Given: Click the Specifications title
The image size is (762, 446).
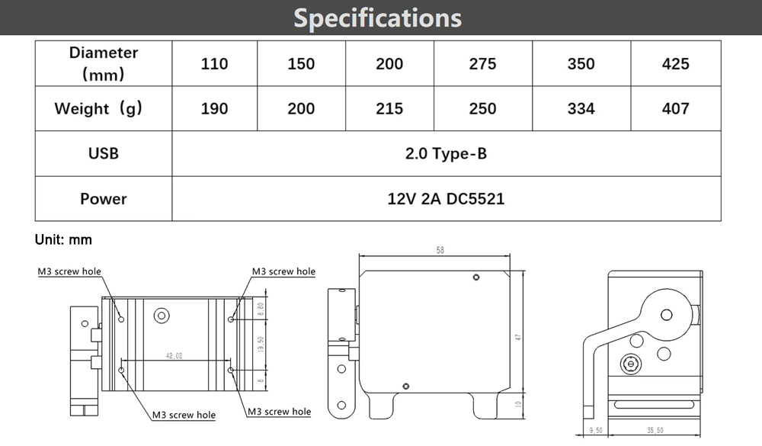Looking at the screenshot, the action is pos(378,18).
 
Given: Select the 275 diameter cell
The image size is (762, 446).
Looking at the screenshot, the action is pos(482,64).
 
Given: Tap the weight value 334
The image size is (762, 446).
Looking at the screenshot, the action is pos(581,108).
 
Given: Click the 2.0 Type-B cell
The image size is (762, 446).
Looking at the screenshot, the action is pos(446,154).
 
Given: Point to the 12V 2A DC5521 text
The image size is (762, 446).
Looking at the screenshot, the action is pos(446,199).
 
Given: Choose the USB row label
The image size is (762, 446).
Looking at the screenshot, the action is pos(104,154).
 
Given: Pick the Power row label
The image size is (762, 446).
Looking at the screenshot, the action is pos(104,199).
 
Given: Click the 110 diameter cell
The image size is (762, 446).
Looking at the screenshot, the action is pos(214,64).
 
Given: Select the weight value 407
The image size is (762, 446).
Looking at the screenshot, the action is pos(675,108).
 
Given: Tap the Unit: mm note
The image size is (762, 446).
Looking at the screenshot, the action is pos(63,240).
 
